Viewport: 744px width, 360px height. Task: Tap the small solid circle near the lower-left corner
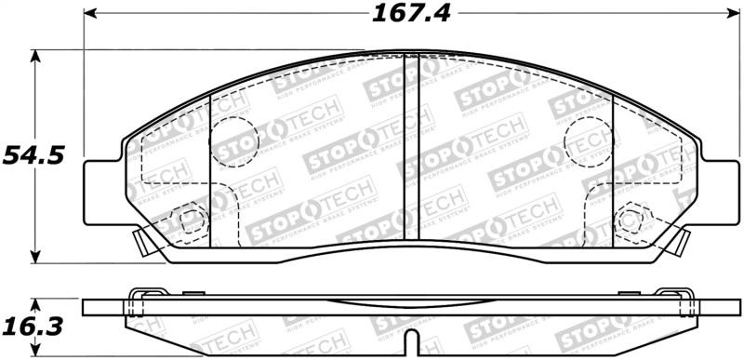pos(193,221)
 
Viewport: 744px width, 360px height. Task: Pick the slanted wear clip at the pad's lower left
pos(141,244)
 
